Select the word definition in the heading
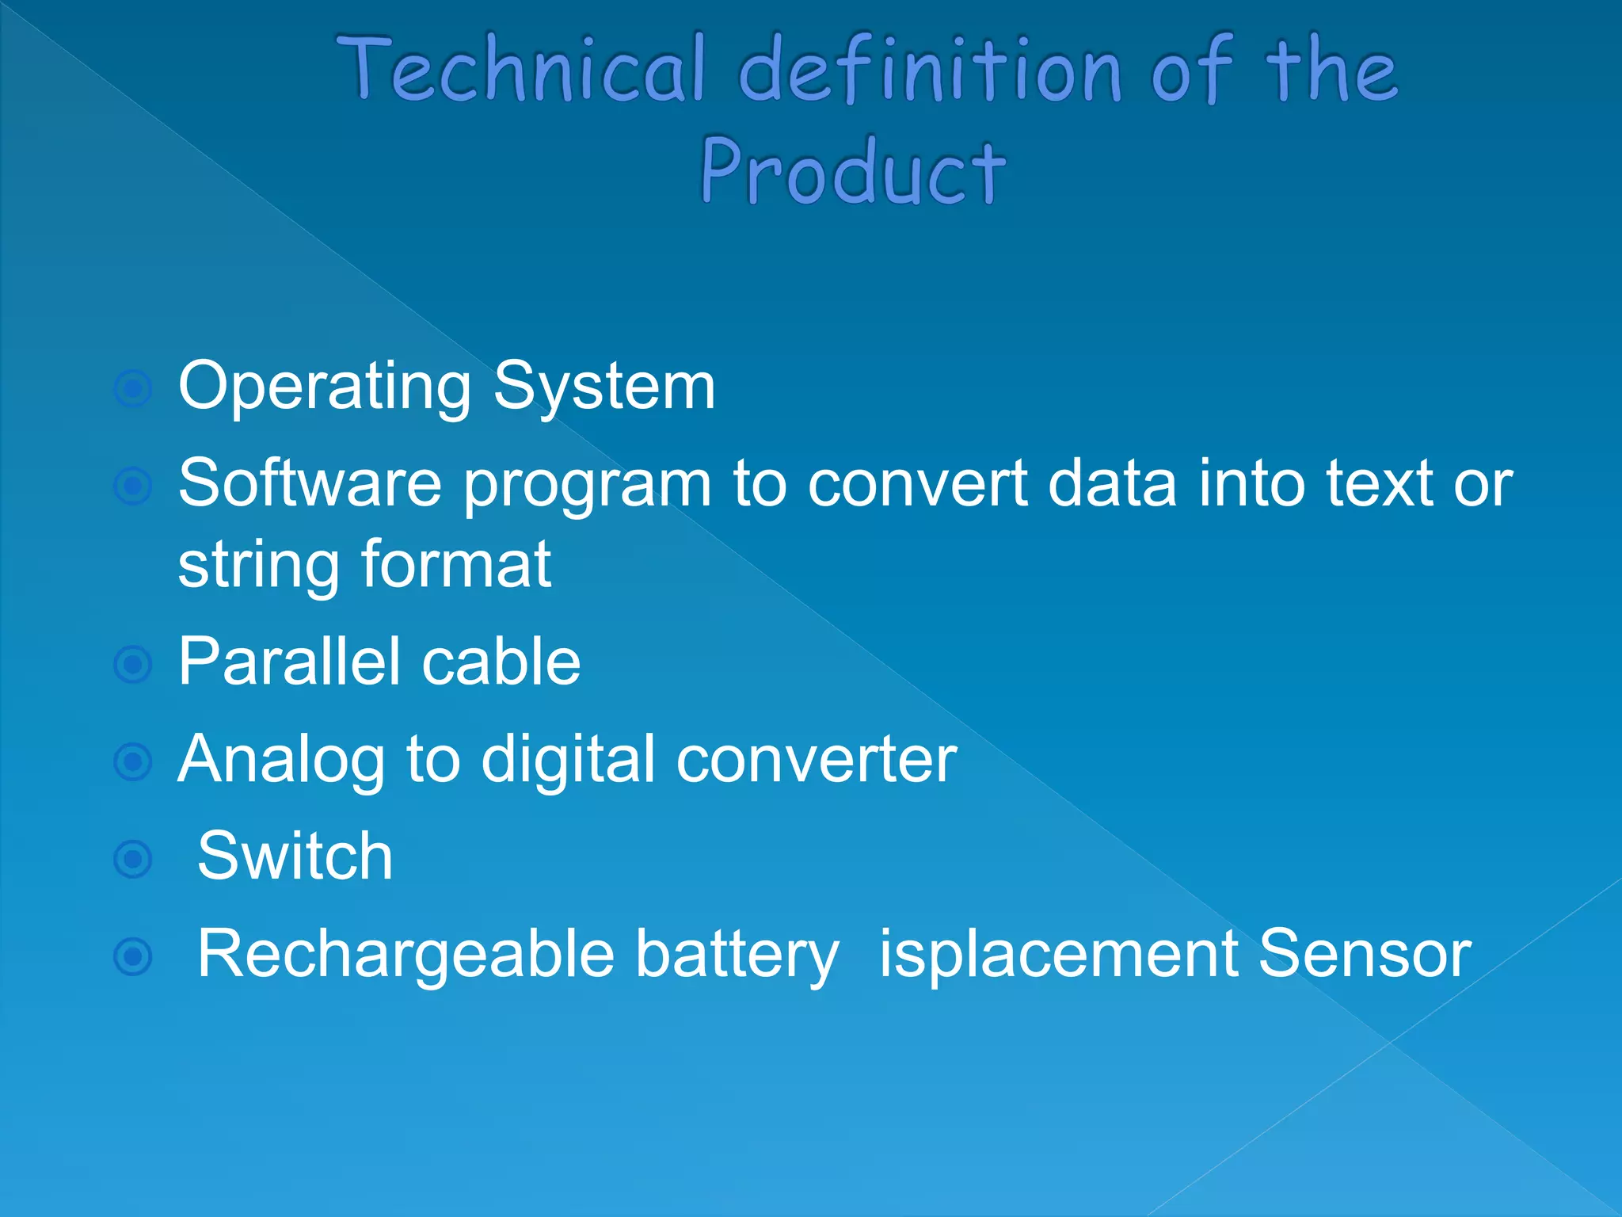tap(931, 70)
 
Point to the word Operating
tap(325, 387)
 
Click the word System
tap(604, 387)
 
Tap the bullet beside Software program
tap(133, 486)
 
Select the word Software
tap(310, 483)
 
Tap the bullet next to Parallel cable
tap(133, 665)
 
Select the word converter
tap(816, 759)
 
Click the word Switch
tap(295, 856)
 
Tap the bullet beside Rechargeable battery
tap(133, 956)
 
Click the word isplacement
tap(1058, 955)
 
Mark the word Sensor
tap(1364, 953)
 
